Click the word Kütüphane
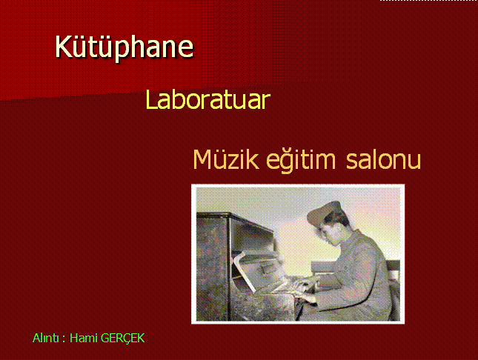124,47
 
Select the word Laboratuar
208,99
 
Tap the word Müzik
226,159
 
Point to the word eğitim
301,160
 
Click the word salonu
383,159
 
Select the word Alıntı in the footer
46,338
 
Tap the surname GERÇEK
122,339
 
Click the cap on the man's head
323,212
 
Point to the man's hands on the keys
305,288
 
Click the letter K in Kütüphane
63,47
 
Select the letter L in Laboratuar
151,99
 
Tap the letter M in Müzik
202,159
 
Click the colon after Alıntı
64,339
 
